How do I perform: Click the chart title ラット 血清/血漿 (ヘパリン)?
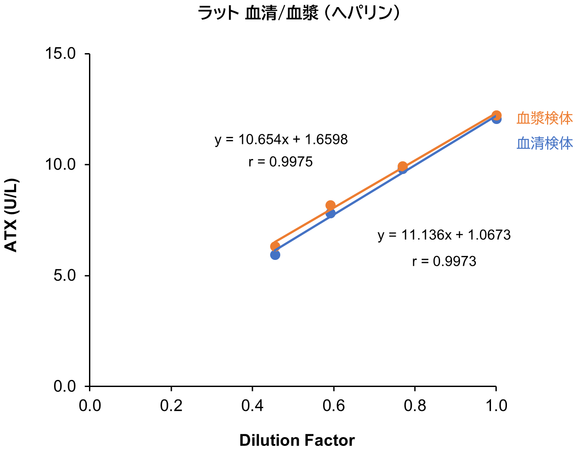coord(299,13)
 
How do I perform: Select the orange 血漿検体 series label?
coord(545,118)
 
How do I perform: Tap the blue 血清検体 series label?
coord(545,143)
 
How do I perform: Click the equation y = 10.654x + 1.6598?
coord(281,140)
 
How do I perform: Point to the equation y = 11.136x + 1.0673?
coord(444,235)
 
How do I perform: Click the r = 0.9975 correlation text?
coord(281,162)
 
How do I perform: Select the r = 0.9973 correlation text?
coord(444,262)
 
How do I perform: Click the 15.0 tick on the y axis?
coord(61,54)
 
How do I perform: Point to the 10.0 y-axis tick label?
coord(61,165)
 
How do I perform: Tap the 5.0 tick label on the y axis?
coord(65,276)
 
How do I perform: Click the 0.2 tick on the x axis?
coord(171,406)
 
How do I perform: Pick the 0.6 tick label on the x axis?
coord(333,406)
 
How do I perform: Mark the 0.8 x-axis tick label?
coord(415,406)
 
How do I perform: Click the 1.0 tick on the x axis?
coord(496,406)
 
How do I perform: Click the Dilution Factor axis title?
coord(297,441)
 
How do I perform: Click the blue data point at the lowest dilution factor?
coord(275,255)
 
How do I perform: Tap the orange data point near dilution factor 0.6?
coord(330,205)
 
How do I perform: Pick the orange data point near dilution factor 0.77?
coord(402,166)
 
